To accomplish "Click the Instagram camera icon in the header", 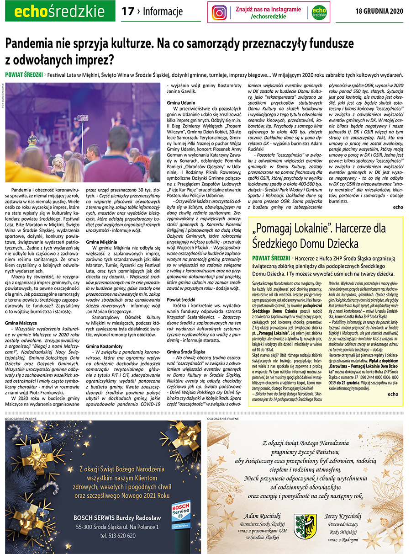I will click(x=219, y=12).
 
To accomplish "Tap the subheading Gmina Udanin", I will click(x=181, y=104).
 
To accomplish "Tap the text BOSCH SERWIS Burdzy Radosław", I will click(x=118, y=518).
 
